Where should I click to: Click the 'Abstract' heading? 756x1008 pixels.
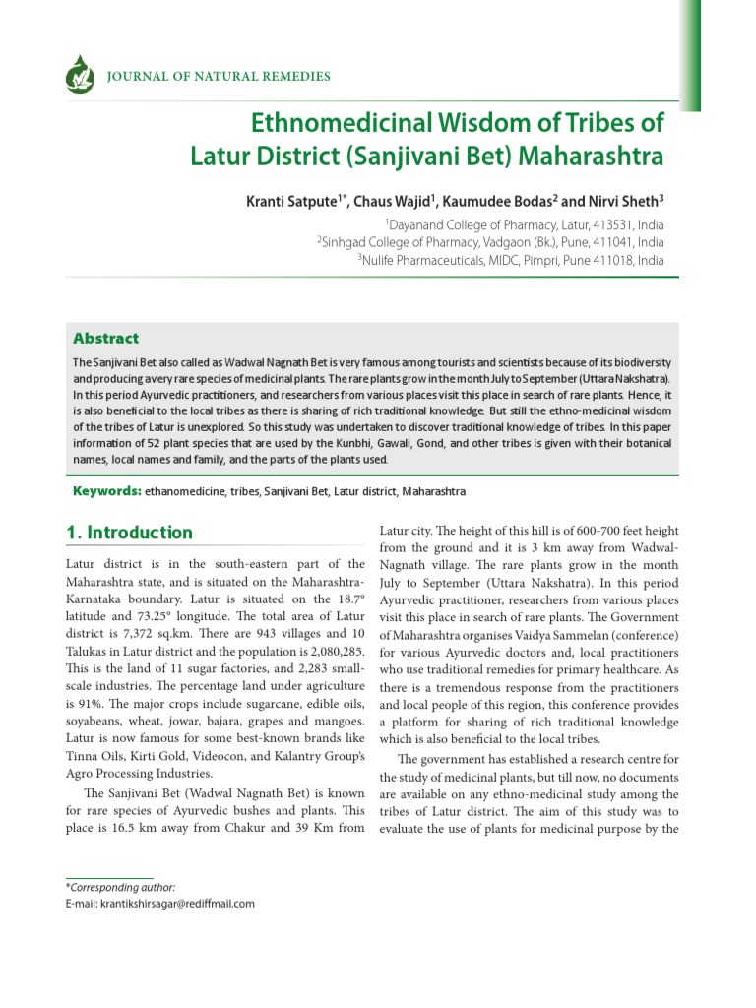pos(106,338)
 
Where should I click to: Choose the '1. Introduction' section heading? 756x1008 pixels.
pos(129,534)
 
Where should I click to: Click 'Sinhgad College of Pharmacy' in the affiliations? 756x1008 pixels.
pos(405,243)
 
